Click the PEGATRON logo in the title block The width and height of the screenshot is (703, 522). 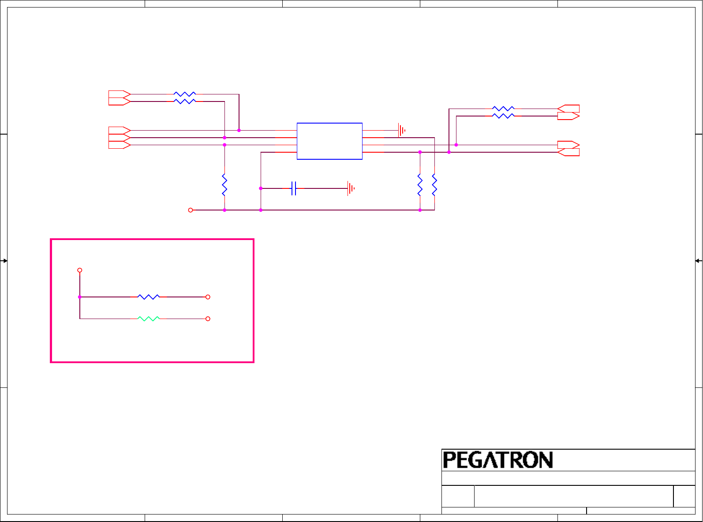pos(498,460)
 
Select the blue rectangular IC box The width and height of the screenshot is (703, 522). pos(329,141)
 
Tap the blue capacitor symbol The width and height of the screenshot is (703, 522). pos(294,188)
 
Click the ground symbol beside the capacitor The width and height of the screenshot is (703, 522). pos(351,188)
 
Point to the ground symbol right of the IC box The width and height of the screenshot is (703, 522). pos(401,130)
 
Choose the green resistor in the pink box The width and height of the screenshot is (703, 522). pos(149,319)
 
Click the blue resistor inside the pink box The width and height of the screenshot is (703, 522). pos(149,297)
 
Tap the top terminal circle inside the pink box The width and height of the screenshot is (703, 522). pos(80,270)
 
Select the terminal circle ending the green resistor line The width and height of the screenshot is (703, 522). pos(208,319)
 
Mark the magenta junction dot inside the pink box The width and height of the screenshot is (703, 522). pos(80,297)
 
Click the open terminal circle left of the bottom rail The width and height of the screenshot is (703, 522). pos(191,210)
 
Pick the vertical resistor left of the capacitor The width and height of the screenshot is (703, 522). pos(224,185)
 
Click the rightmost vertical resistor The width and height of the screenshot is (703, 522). pos(434,185)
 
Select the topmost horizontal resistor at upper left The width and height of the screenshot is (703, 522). pos(185,94)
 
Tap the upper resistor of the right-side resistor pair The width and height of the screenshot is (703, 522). pos(503,109)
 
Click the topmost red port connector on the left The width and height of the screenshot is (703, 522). pos(120,94)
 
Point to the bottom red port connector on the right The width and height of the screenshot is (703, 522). pos(568,152)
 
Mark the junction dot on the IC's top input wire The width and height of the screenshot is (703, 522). pos(239,130)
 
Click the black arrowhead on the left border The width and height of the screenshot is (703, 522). pos(4,261)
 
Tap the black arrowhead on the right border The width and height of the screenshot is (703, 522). pos(698,261)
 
